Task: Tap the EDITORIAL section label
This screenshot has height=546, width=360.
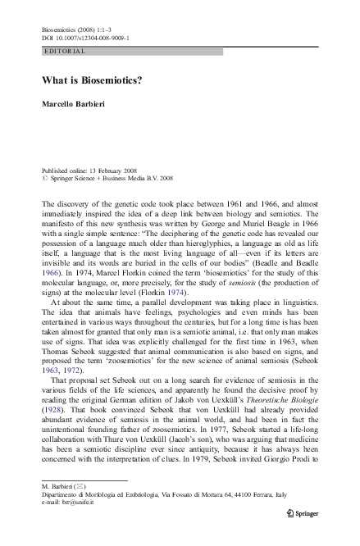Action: coord(62,51)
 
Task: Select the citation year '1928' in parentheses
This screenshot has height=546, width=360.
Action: coord(52,407)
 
